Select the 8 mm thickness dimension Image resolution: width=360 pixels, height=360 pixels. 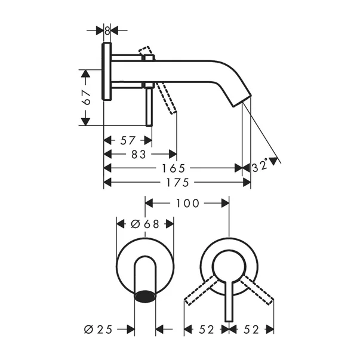click(107, 29)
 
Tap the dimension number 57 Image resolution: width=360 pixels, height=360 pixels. click(127, 140)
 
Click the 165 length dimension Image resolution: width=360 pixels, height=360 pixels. click(177, 168)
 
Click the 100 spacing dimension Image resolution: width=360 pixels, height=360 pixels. click(187, 204)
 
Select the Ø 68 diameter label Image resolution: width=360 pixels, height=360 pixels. click(144, 224)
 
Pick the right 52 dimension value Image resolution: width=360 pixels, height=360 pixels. click(252, 328)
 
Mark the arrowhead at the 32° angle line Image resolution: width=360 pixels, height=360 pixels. click(275, 160)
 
